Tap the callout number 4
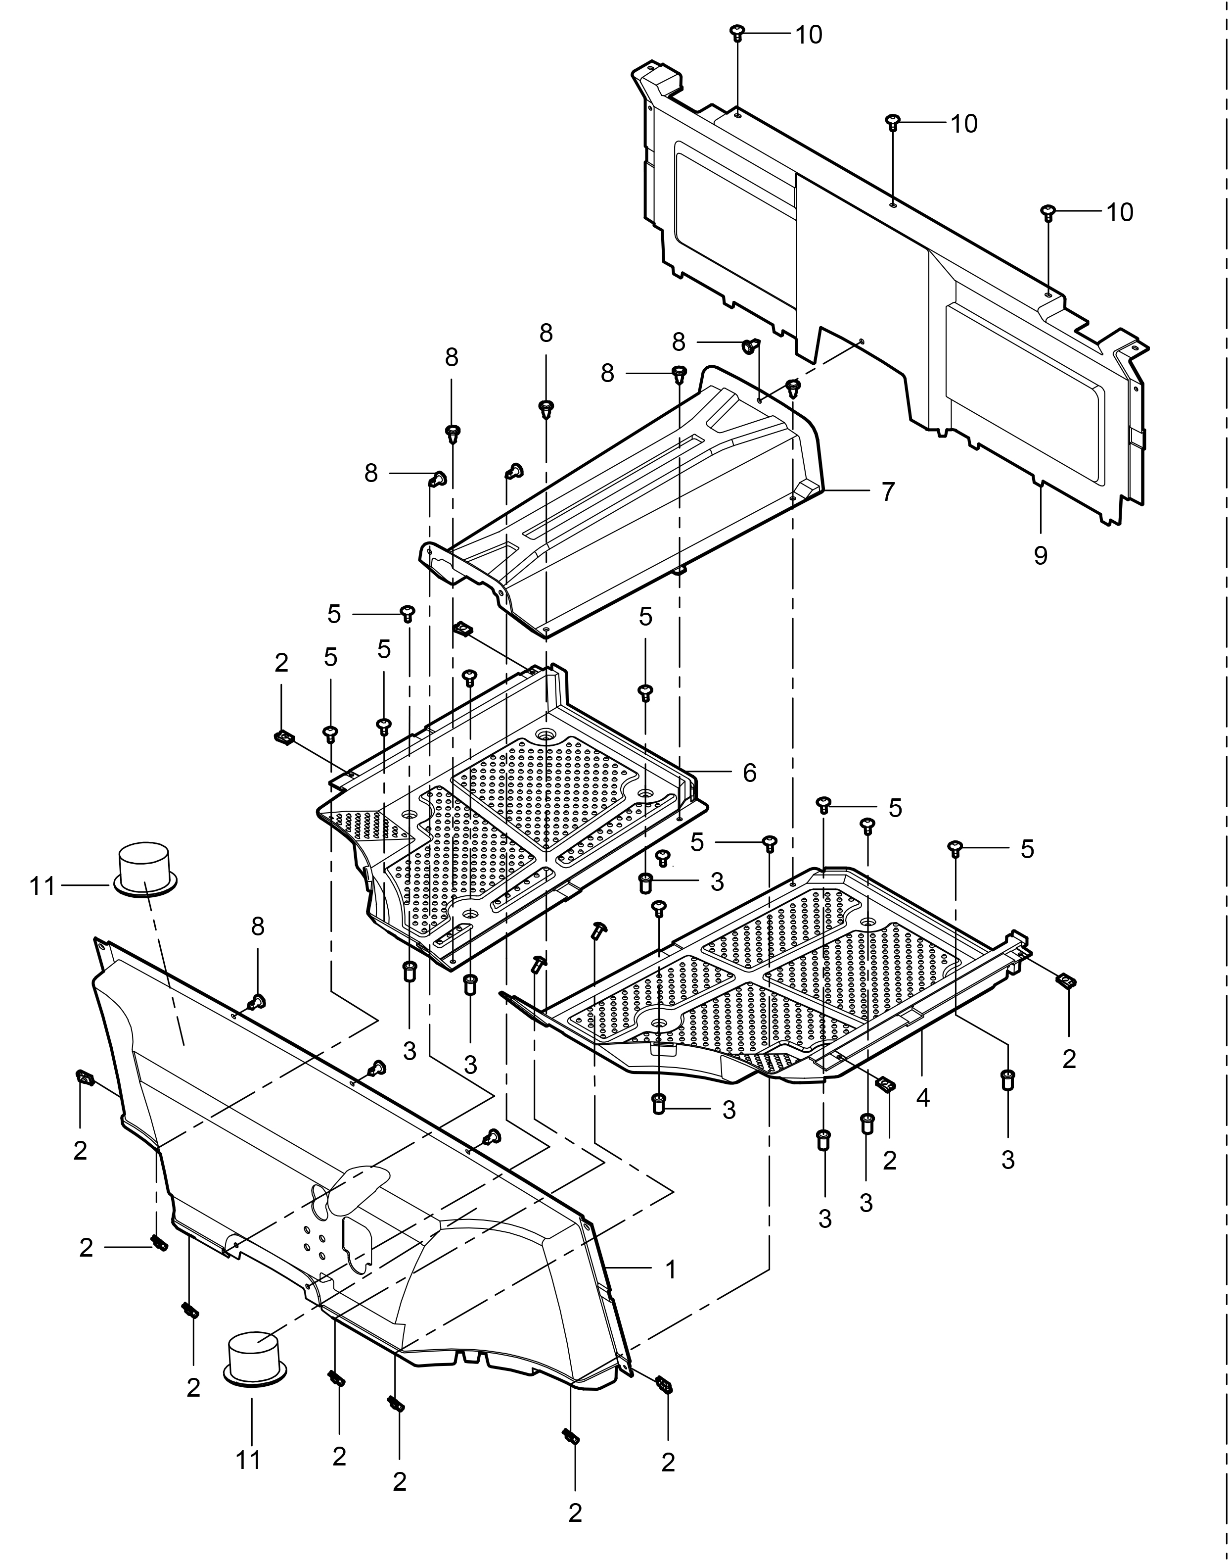tap(923, 1098)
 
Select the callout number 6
tap(750, 773)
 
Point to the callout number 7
tap(888, 492)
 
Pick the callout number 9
tap(1041, 555)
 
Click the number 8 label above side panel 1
tap(258, 927)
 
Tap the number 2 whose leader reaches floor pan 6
tap(281, 663)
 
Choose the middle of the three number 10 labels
tap(964, 124)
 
